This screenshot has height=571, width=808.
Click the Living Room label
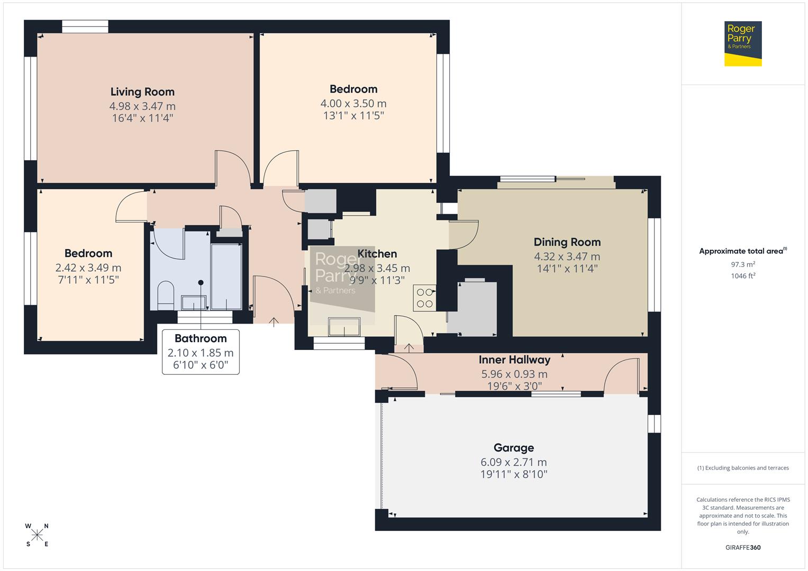click(x=142, y=92)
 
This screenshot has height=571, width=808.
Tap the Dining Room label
click(x=567, y=242)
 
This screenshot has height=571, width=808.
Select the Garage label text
click(x=513, y=448)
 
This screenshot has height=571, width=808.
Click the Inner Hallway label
click(x=514, y=360)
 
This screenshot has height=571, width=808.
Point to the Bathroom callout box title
click(x=201, y=338)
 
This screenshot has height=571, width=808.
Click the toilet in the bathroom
click(x=166, y=294)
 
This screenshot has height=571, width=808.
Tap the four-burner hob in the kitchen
click(x=424, y=298)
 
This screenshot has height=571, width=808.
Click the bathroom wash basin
click(x=194, y=302)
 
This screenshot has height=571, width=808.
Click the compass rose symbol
click(x=37, y=535)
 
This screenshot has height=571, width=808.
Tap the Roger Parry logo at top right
click(x=742, y=43)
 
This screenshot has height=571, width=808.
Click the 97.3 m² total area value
click(x=742, y=264)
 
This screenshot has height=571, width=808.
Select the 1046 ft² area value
click(x=742, y=275)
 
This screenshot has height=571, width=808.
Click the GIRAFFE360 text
click(x=742, y=547)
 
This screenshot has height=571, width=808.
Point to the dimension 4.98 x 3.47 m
click(x=142, y=106)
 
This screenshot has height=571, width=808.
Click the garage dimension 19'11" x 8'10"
click(x=513, y=474)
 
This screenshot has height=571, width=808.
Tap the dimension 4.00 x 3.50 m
click(x=353, y=104)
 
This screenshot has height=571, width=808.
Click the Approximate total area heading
click(x=742, y=251)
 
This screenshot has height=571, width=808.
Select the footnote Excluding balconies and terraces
click(x=742, y=468)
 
